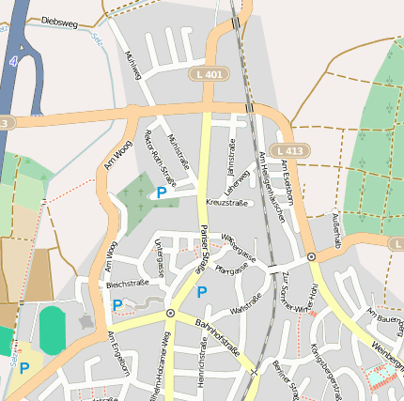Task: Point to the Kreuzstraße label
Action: [x=225, y=202]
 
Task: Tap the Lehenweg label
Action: [x=240, y=177]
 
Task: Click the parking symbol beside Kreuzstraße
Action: [x=162, y=193]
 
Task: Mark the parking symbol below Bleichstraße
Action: [x=117, y=305]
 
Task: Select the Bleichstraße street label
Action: [x=128, y=283]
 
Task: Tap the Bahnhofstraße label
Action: [x=218, y=340]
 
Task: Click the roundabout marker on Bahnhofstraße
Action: [x=170, y=313]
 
